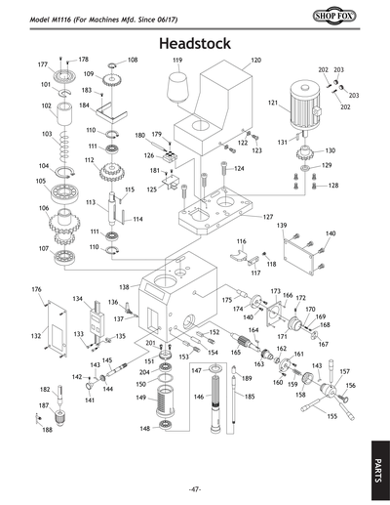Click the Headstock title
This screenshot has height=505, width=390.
pos(194,44)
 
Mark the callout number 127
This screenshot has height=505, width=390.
pos(268,216)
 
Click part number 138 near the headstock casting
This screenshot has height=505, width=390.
pos(124,287)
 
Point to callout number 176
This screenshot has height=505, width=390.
pos(36,289)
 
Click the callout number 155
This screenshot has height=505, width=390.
pos(332,417)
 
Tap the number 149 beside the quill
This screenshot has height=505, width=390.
pos(140,398)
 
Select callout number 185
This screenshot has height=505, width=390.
pos(250,397)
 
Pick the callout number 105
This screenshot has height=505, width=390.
pos(41,181)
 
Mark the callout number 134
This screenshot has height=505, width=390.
pos(78,299)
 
